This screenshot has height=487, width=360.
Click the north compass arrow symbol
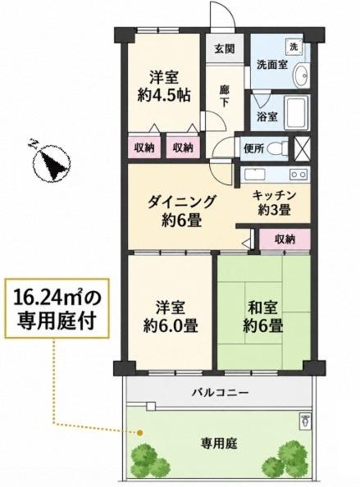(52, 163)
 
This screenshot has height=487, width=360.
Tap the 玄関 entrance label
(224, 48)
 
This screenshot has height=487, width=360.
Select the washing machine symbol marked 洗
(294, 48)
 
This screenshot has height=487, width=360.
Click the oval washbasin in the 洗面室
(301, 75)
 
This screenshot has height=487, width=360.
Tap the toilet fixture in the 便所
(277, 148)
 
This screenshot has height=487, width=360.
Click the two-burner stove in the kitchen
(298, 175)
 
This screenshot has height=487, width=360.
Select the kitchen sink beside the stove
(255, 174)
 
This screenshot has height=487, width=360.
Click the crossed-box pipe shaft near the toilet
(302, 148)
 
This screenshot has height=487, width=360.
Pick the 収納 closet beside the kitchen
(285, 239)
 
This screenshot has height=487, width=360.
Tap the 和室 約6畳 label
(262, 316)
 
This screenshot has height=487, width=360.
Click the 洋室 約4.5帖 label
(164, 86)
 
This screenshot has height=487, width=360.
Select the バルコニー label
(220, 393)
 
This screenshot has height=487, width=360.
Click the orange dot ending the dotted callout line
(140, 432)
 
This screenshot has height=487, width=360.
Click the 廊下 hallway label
(224, 96)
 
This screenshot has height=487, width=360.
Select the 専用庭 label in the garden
(219, 444)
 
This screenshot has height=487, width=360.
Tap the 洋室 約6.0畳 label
(171, 316)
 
